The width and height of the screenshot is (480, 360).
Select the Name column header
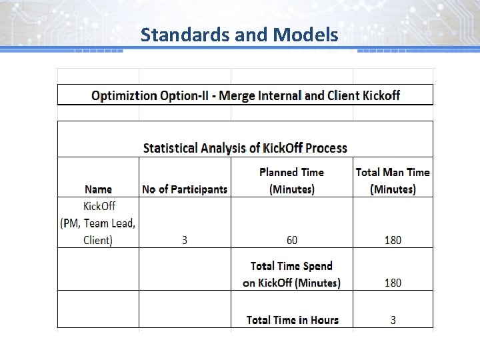pyautogui.click(x=98, y=189)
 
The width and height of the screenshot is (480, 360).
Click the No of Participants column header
pyautogui.click(x=185, y=189)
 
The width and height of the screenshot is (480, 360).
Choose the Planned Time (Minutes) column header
pyautogui.click(x=291, y=181)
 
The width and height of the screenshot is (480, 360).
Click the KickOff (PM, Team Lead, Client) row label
pyautogui.click(x=98, y=223)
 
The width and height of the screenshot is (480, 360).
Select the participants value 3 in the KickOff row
pyautogui.click(x=185, y=240)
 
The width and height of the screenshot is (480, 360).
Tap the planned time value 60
pyautogui.click(x=291, y=240)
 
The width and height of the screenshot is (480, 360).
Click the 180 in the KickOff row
pyautogui.click(x=393, y=240)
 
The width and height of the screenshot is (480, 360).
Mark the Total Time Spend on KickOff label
pyautogui.click(x=291, y=275)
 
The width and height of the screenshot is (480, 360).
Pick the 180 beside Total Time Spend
pyautogui.click(x=393, y=283)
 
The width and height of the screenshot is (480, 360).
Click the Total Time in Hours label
pyautogui.click(x=292, y=320)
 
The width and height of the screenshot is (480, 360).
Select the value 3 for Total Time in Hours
pyautogui.click(x=393, y=320)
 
